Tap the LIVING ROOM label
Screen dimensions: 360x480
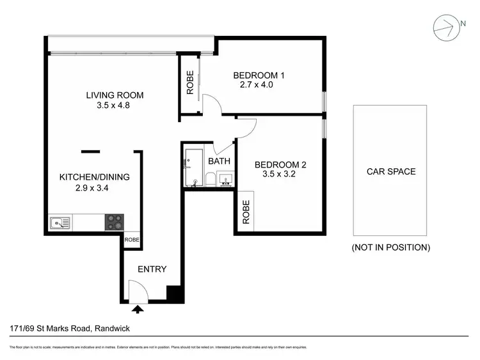(x=115, y=95)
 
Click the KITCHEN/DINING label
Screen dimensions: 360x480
(x=95, y=177)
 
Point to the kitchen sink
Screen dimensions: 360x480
(x=60, y=223)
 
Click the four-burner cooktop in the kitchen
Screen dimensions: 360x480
(x=115, y=222)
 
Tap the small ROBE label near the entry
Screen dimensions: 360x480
(x=132, y=240)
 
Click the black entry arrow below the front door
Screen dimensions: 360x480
(x=138, y=309)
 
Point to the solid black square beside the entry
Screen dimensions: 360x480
(x=175, y=293)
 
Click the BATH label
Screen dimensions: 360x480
(x=219, y=162)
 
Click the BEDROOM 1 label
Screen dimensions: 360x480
(x=259, y=75)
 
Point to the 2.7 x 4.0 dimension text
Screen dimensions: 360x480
(x=257, y=84)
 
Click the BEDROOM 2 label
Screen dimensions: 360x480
(x=280, y=164)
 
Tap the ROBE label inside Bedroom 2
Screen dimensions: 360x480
(x=246, y=211)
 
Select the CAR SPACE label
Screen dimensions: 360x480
(x=390, y=171)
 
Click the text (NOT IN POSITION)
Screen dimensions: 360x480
(x=390, y=247)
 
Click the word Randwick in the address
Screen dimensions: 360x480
(x=113, y=329)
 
